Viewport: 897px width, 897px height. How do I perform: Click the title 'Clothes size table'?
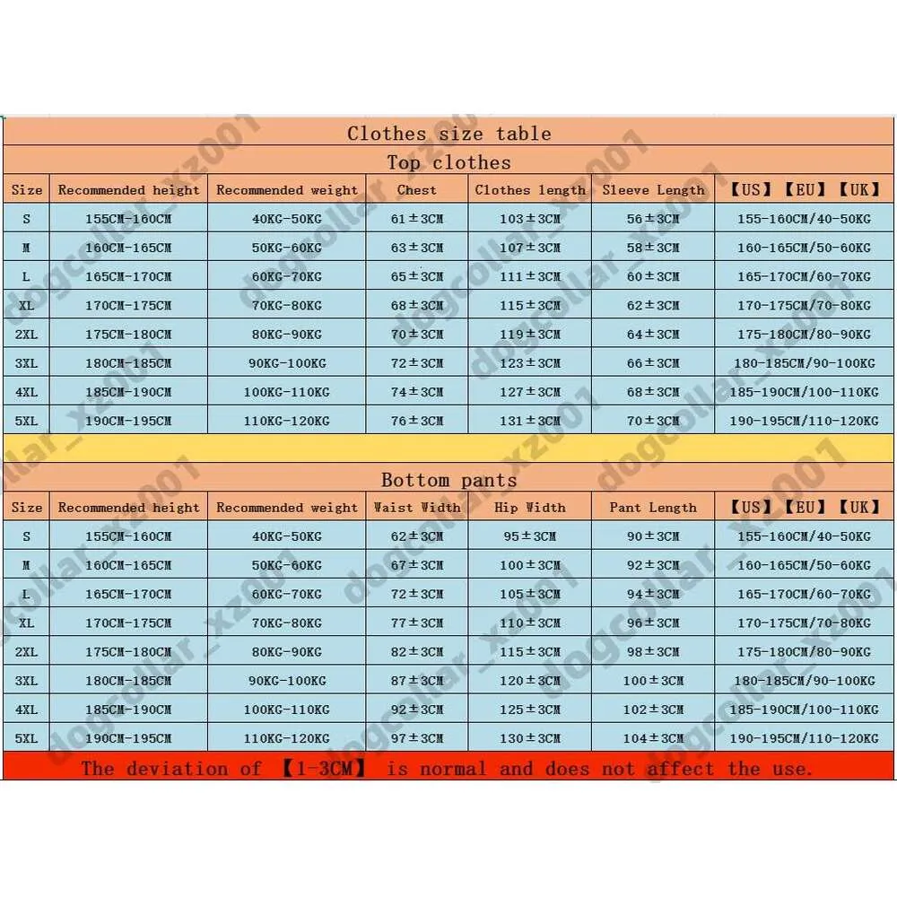tap(448, 134)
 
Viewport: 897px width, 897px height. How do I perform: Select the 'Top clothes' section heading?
tap(448, 162)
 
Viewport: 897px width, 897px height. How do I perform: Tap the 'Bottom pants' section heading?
tap(448, 480)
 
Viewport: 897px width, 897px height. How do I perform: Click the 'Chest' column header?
tap(417, 190)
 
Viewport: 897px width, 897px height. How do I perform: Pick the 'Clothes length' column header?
tap(530, 190)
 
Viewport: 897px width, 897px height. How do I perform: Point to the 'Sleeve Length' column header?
tap(653, 190)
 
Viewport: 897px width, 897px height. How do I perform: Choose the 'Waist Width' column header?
tap(417, 508)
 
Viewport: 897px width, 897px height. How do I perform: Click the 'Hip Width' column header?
tap(530, 508)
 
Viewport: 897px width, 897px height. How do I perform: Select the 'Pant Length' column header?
tap(653, 508)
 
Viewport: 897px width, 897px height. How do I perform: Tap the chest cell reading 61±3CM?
tap(417, 219)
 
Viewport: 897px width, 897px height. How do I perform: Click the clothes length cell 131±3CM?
tap(530, 421)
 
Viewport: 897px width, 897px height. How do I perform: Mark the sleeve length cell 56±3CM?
tap(653, 219)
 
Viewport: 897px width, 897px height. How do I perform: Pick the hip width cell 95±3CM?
tap(530, 536)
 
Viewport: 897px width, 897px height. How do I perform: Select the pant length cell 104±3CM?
tap(653, 738)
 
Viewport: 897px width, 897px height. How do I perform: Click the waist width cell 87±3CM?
tap(417, 681)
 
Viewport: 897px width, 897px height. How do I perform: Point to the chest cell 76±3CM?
tap(417, 421)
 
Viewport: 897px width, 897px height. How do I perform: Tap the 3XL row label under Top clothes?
tap(27, 363)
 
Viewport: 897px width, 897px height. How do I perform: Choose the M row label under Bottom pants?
tap(27, 565)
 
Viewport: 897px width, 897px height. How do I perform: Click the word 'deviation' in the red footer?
tap(177, 769)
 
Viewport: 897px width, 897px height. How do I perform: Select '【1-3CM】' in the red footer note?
tap(315, 769)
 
